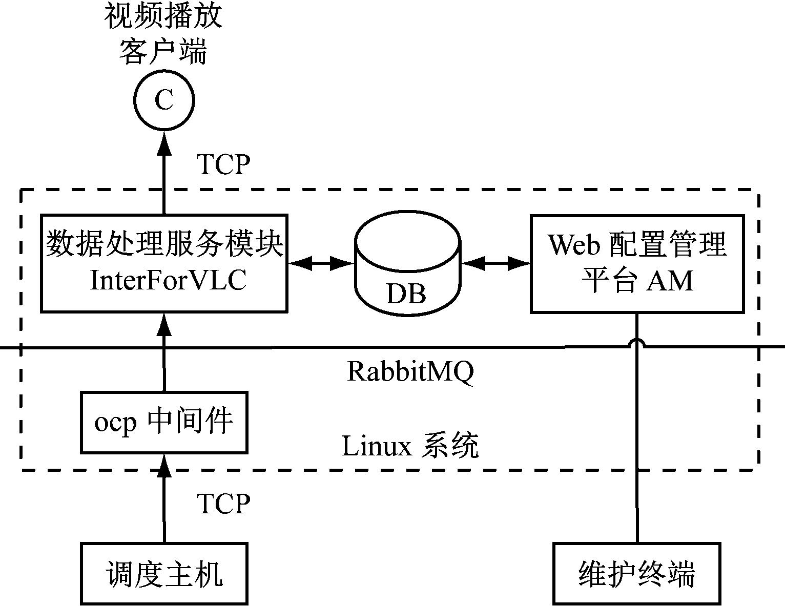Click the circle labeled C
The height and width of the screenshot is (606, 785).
click(x=164, y=100)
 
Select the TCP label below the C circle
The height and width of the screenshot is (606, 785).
click(x=224, y=164)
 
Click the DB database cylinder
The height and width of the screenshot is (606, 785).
click(x=407, y=264)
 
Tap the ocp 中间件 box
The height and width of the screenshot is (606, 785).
click(x=164, y=423)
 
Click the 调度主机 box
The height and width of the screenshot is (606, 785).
click(x=164, y=573)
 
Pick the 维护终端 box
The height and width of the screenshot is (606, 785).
click(x=636, y=573)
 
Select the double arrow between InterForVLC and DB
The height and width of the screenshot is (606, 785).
click(x=321, y=263)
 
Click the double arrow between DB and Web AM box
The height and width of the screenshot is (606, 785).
click(x=495, y=263)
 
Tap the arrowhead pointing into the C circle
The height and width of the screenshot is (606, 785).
click(x=164, y=143)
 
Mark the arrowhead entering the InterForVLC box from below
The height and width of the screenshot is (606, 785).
click(x=164, y=324)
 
